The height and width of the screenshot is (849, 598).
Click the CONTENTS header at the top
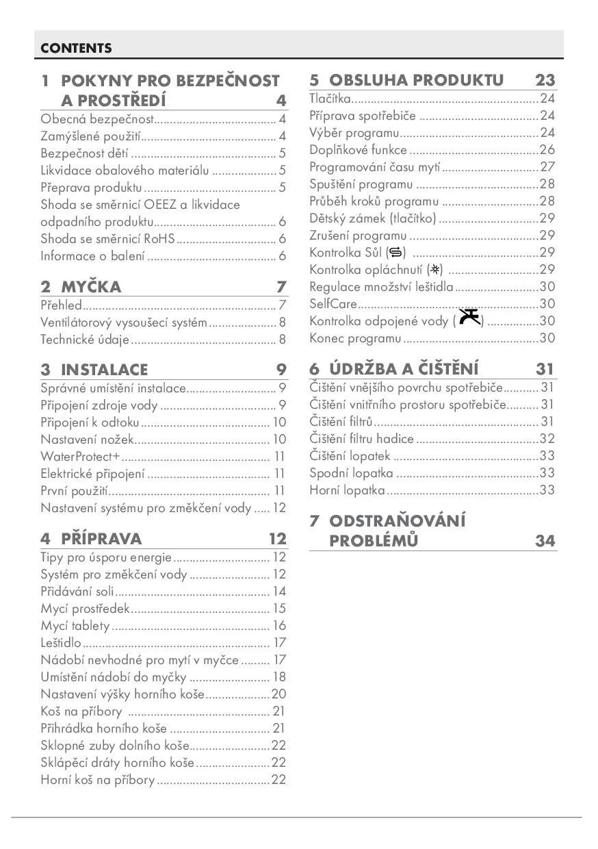click(76, 48)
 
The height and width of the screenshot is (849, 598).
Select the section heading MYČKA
click(90, 287)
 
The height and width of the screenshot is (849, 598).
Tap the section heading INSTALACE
click(104, 370)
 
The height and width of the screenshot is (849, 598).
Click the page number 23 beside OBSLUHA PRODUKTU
click(545, 80)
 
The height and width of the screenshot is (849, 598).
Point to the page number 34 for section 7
click(545, 540)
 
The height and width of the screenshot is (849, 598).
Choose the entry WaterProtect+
click(80, 456)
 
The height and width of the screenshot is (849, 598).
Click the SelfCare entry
click(333, 303)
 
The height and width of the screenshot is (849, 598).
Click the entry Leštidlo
click(61, 642)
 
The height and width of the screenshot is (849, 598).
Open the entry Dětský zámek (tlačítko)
click(372, 218)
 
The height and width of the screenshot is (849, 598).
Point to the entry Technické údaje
click(85, 339)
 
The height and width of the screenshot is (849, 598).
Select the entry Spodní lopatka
click(351, 472)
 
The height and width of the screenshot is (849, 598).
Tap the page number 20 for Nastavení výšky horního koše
click(278, 694)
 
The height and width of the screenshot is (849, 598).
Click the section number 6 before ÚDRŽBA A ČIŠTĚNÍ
click(315, 369)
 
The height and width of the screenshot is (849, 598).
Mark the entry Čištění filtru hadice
click(361, 439)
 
